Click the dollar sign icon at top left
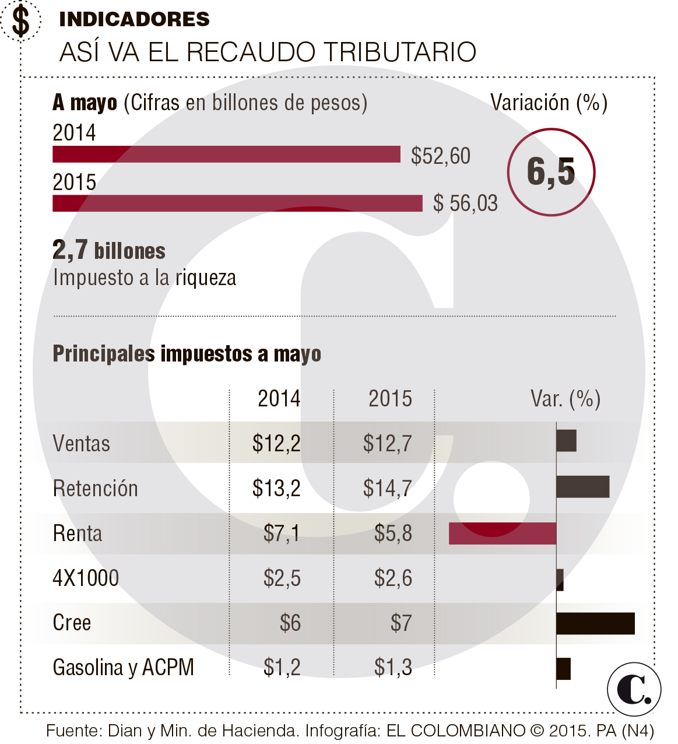(21, 22)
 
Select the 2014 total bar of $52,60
(226, 155)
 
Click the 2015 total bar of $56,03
(237, 203)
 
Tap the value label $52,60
(440, 156)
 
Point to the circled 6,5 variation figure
(551, 172)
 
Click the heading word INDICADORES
(134, 19)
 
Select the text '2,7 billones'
(109, 251)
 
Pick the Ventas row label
(81, 444)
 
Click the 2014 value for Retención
(276, 488)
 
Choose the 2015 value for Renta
(393, 533)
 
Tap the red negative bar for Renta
(502, 534)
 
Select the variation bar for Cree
(595, 623)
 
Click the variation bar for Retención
(582, 487)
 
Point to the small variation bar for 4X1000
(560, 579)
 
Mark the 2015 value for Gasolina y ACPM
(393, 667)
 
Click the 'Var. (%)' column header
(565, 399)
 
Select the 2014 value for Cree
(290, 623)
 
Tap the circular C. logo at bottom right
(634, 689)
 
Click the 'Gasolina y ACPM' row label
(123, 667)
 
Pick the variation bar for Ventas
(566, 441)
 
